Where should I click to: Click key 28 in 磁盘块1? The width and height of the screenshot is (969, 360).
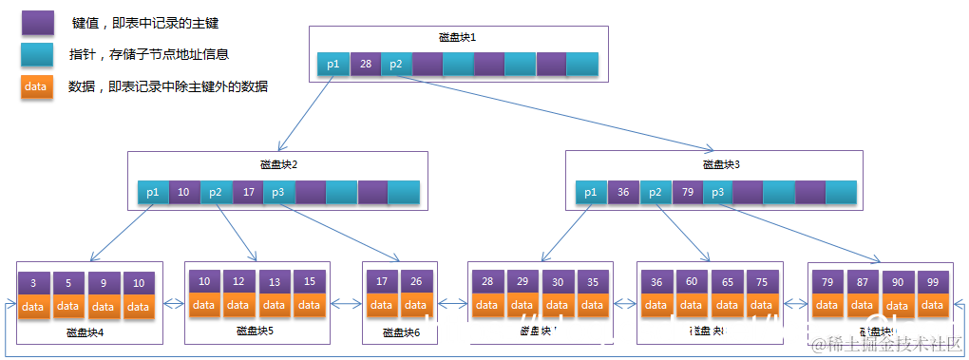click(x=365, y=65)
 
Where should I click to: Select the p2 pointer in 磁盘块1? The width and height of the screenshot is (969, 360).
click(x=396, y=65)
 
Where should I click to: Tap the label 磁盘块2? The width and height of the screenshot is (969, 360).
click(x=279, y=163)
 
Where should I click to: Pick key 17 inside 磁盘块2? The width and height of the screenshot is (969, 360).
click(x=248, y=192)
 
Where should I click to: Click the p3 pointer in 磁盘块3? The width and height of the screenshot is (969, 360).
click(x=717, y=193)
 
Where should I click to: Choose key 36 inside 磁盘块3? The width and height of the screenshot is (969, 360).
click(x=623, y=193)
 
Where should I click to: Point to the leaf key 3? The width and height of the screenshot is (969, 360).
click(x=33, y=284)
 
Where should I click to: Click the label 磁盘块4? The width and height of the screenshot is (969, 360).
click(x=85, y=332)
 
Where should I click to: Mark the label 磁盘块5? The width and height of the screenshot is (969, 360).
click(x=256, y=331)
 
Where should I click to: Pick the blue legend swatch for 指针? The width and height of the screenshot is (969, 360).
click(x=36, y=54)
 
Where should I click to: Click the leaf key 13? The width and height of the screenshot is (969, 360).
click(x=275, y=282)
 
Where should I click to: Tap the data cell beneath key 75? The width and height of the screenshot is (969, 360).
click(x=760, y=305)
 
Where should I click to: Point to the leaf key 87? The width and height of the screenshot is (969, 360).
click(x=863, y=282)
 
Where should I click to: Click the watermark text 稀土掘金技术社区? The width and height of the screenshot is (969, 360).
click(x=893, y=343)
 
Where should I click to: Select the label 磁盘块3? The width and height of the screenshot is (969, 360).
click(x=721, y=163)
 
